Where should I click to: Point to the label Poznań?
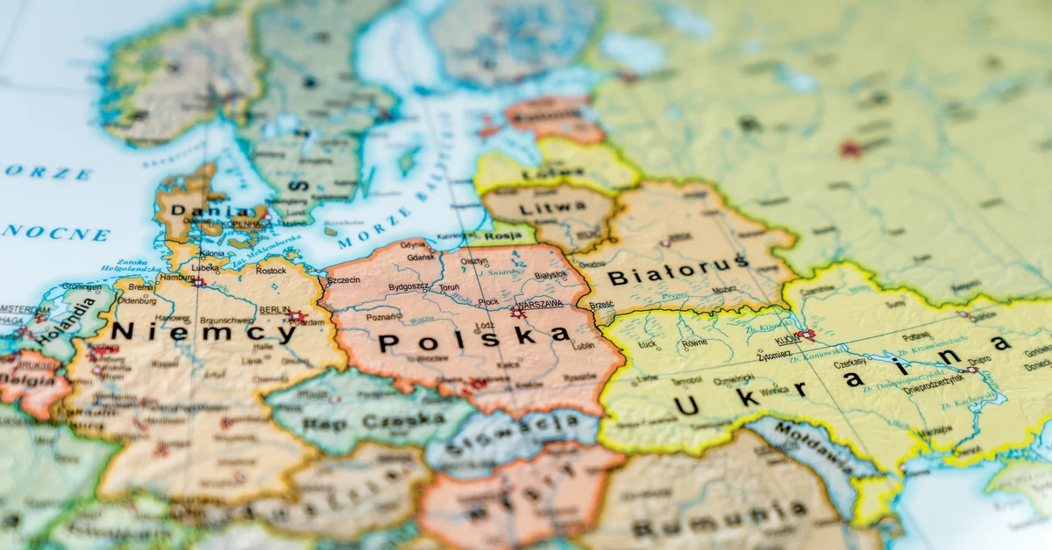[384, 316]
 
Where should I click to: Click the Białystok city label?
[551, 275]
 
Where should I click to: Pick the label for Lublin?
[583, 345]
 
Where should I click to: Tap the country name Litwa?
[552, 208]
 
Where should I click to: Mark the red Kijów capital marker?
[804, 335]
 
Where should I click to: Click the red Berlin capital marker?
[296, 317]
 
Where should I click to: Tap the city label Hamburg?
[176, 278]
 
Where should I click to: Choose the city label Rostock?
[270, 270]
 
